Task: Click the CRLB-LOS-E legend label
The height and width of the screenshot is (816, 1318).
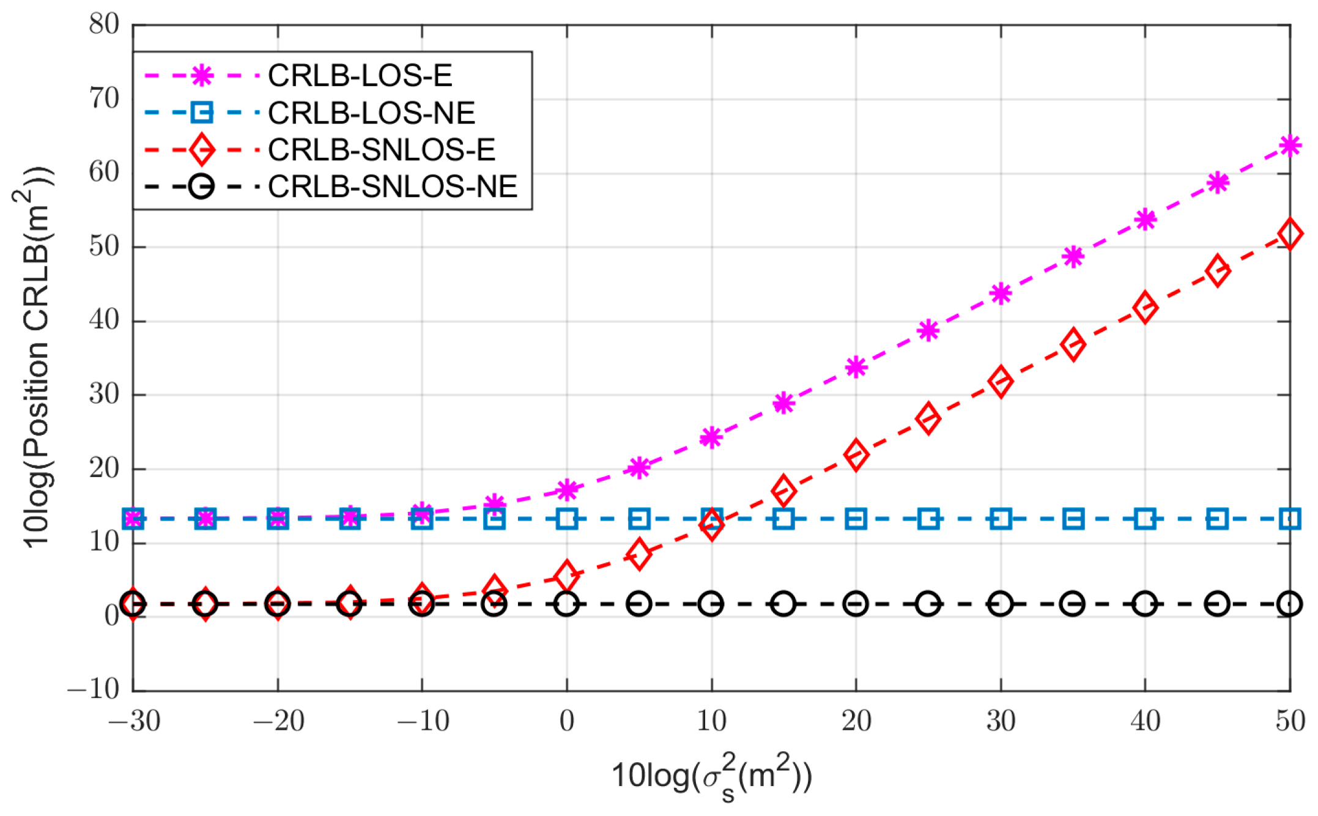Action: coord(360,76)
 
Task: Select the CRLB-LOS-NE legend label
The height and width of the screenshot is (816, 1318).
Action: coord(371,113)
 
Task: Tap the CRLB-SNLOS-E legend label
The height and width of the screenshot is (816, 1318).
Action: coord(382,150)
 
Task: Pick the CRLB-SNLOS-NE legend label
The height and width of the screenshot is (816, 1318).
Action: coord(393,187)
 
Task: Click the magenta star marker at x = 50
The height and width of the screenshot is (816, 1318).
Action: coord(1290,146)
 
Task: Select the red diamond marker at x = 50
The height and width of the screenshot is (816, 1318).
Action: coord(1290,234)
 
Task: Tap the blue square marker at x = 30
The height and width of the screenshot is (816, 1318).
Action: coord(1001,519)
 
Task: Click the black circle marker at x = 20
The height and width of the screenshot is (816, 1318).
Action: coord(856,604)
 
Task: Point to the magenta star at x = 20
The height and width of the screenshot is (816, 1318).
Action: coord(856,368)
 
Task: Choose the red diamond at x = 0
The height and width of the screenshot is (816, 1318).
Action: coord(567,576)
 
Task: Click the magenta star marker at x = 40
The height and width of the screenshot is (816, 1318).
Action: coord(1145,220)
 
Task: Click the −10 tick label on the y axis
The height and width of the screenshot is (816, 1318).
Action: coord(93,689)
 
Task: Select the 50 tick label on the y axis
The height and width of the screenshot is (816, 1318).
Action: coord(104,247)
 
